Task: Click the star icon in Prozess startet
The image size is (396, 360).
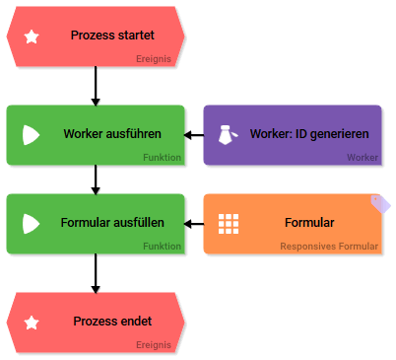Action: pyautogui.click(x=32, y=36)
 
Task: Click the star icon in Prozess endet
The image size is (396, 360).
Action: pyautogui.click(x=32, y=323)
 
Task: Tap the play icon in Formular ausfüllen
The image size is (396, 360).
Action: pyautogui.click(x=31, y=224)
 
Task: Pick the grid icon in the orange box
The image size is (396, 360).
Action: pyautogui.click(x=229, y=224)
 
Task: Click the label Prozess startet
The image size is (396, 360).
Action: pyautogui.click(x=112, y=36)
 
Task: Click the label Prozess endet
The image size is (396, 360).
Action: pyautogui.click(x=112, y=322)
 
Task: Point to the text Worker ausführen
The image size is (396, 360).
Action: pyautogui.click(x=111, y=134)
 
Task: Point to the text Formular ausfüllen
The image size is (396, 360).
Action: pyautogui.click(x=111, y=223)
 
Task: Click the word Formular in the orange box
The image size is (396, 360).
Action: pyautogui.click(x=309, y=223)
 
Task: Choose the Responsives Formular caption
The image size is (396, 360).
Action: pyautogui.click(x=328, y=247)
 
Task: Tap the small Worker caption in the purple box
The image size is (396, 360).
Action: pyautogui.click(x=362, y=158)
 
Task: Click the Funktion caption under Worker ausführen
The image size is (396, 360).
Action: pyautogui.click(x=162, y=158)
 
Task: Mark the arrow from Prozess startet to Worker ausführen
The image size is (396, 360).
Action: pyautogui.click(x=96, y=86)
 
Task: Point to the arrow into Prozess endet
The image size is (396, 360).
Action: pyautogui.click(x=96, y=273)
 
